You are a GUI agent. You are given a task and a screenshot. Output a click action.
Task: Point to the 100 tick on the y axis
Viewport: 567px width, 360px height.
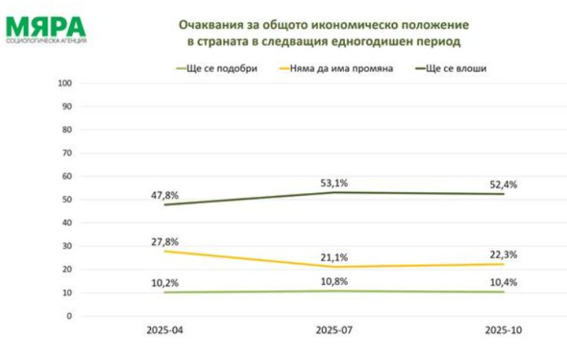click(x=65, y=83)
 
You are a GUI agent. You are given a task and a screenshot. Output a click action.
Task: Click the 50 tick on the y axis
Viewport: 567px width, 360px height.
click(x=67, y=199)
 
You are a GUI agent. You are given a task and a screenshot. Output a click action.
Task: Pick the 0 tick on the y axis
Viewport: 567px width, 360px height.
click(x=69, y=316)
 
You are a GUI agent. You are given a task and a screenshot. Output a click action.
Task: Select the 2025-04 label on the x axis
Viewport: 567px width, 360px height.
click(x=164, y=332)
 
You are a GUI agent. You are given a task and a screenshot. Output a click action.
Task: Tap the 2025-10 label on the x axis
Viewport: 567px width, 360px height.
click(x=503, y=332)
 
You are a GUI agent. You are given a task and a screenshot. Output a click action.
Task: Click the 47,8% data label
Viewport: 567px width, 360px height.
click(x=164, y=195)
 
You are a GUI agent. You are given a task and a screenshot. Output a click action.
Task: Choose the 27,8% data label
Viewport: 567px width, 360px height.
click(x=164, y=241)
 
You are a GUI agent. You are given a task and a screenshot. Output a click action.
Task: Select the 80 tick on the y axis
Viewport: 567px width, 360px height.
click(x=67, y=129)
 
